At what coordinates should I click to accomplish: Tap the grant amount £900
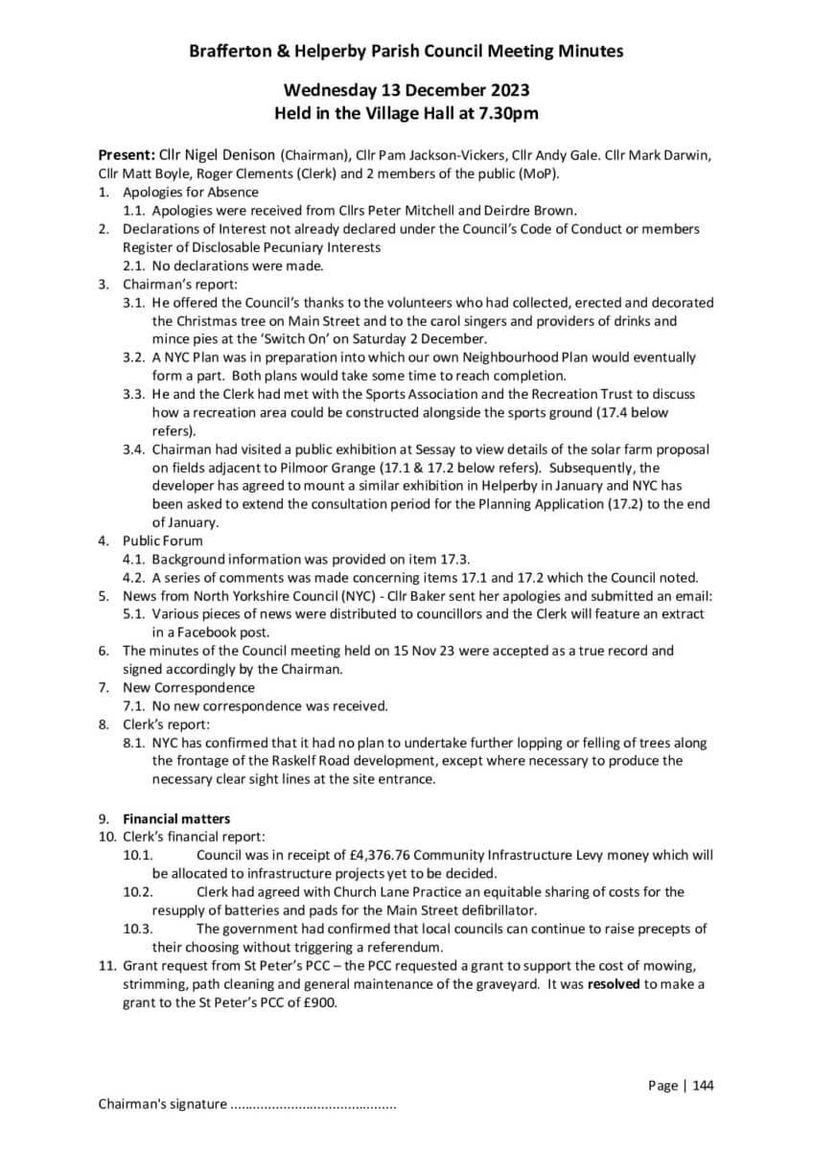(317, 1002)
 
